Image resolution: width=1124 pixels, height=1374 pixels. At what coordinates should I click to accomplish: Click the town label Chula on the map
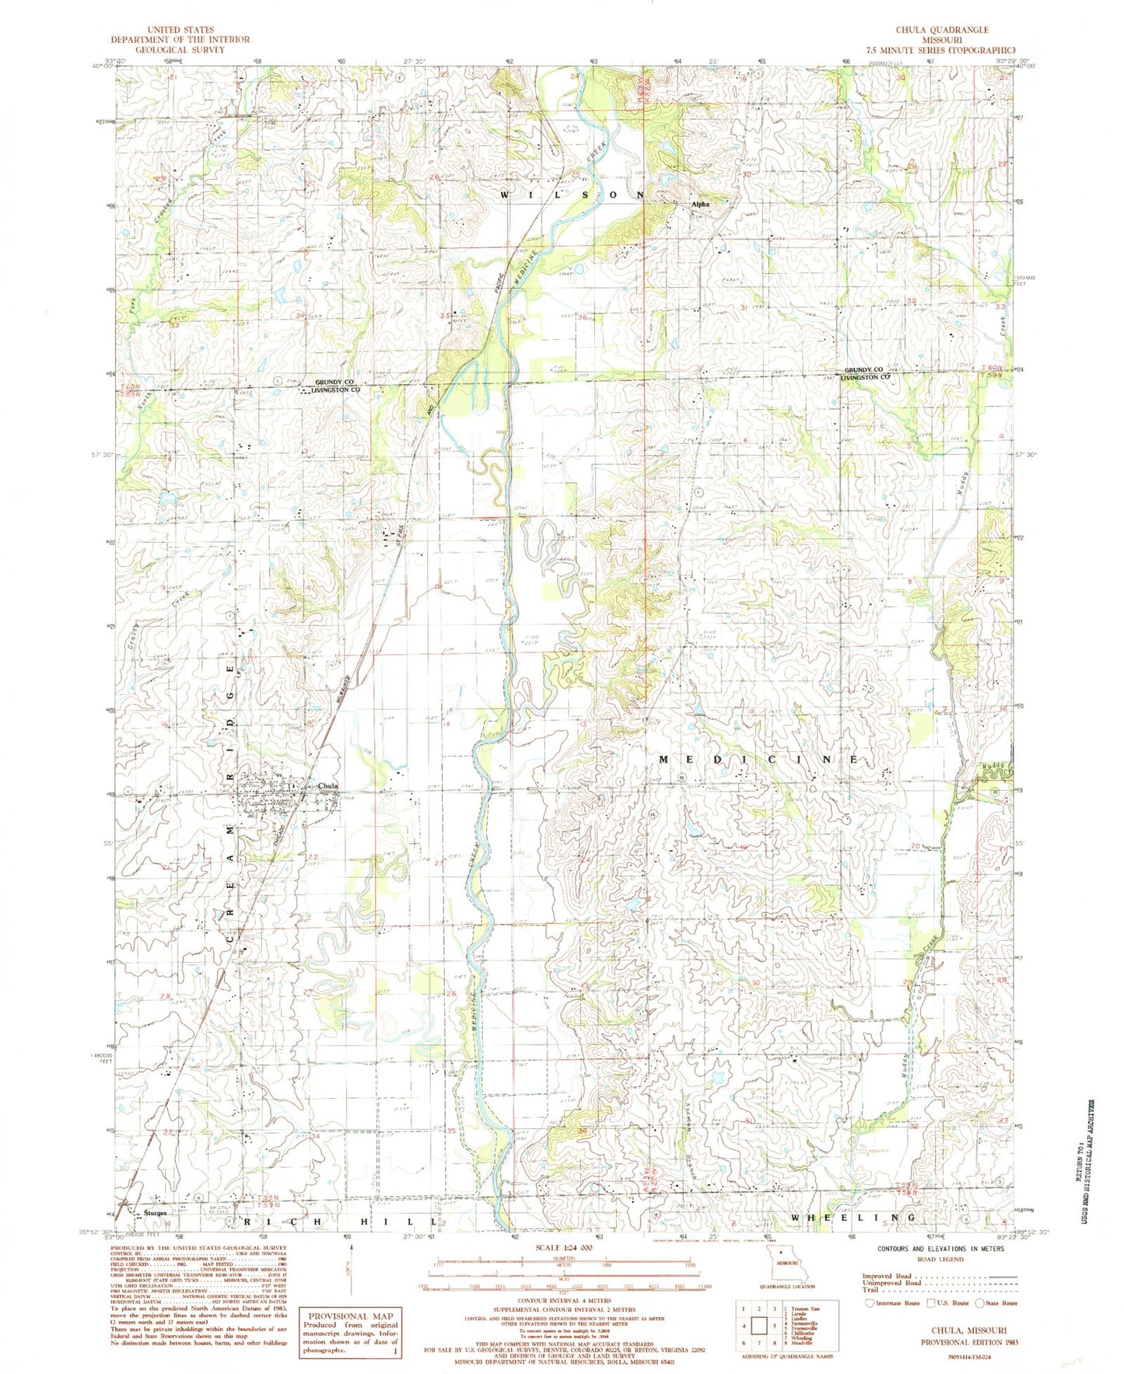tap(327, 786)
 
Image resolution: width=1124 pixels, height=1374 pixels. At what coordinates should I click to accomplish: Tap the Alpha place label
tap(701, 205)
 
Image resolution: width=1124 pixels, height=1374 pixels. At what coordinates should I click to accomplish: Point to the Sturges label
tap(154, 1212)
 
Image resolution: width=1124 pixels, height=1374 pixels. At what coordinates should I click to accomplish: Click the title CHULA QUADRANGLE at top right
tap(941, 30)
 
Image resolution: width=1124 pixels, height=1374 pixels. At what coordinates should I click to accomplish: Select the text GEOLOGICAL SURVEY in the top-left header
tap(179, 49)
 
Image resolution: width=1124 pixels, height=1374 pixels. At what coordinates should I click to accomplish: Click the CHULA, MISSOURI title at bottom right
tap(970, 1330)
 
